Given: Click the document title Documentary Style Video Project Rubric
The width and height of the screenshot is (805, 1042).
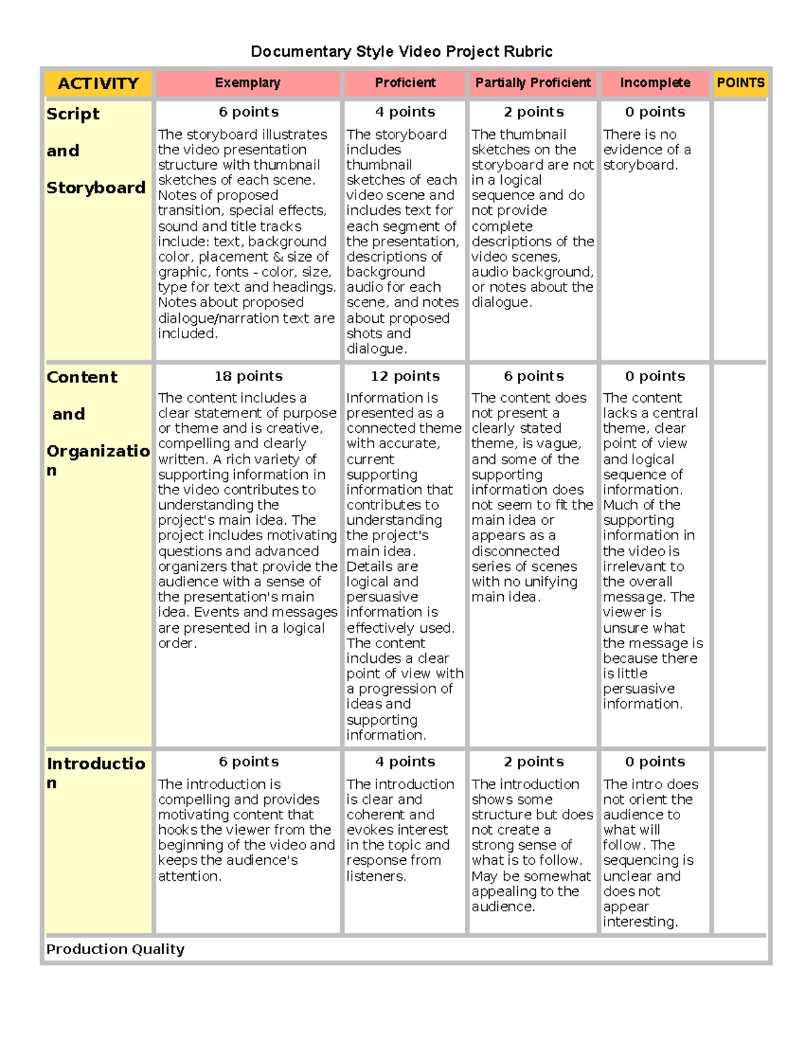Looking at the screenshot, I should coord(401,52).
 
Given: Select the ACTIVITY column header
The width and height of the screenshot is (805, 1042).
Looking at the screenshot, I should coord(98,83).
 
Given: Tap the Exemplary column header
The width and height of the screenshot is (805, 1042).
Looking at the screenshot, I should coord(248,83).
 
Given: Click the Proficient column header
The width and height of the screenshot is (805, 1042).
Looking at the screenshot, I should coord(405,83).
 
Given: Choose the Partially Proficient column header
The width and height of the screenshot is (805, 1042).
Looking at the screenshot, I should coord(533,83).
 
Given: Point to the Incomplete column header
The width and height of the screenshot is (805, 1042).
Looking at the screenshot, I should coord(655,83).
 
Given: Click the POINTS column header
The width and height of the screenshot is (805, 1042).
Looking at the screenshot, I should coord(740,83).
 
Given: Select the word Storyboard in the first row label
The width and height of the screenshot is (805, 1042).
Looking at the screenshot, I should coord(96,188).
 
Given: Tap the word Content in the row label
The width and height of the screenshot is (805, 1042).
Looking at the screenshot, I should coord(82,377).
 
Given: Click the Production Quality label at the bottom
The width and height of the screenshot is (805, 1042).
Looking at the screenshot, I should coord(115,949).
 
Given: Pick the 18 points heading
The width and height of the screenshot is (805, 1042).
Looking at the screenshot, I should coord(248,376).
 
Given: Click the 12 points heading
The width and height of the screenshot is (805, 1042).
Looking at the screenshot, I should coord(405,376).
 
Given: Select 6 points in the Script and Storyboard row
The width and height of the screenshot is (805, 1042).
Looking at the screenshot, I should coord(248,112).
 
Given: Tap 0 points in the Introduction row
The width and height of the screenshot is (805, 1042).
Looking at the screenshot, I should coord(655,762).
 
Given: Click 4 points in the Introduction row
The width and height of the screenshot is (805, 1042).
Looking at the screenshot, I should coord(405,762).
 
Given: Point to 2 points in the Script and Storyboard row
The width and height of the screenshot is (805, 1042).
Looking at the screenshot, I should coord(533,112).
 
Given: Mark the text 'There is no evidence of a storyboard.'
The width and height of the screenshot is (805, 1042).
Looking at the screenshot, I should coord(646,150).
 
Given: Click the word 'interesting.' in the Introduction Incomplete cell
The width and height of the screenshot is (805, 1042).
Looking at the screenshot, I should coord(640,922).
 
